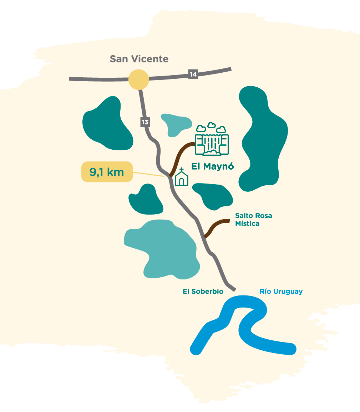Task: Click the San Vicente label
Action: pyautogui.click(x=139, y=59)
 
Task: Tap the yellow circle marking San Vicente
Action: pyautogui.click(x=138, y=79)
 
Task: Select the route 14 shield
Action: pyautogui.click(x=193, y=74)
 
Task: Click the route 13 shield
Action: pyautogui.click(x=145, y=122)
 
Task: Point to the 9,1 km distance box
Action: pyautogui.click(x=107, y=172)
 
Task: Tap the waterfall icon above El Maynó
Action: pyautogui.click(x=212, y=139)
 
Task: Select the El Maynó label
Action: pyautogui.click(x=213, y=166)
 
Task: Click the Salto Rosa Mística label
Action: pyautogui.click(x=254, y=220)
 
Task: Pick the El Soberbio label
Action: pyautogui.click(x=203, y=292)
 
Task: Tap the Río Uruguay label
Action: pyautogui.click(x=281, y=292)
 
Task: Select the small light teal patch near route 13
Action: pyautogui.click(x=176, y=124)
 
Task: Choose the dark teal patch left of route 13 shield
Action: pyautogui.click(x=108, y=124)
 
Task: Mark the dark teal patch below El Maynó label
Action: pyautogui.click(x=213, y=196)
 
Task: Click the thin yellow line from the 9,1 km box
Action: pyautogui.click(x=148, y=174)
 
